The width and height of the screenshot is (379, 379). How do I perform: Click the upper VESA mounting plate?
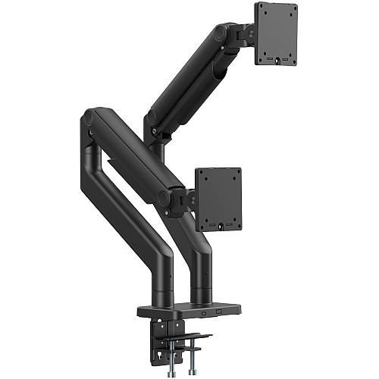click(276, 33)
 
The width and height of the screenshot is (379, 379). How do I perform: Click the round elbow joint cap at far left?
click(88, 117)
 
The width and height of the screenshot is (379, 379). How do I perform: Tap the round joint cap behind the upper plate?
click(221, 33)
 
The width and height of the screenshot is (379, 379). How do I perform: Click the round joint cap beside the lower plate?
click(164, 197)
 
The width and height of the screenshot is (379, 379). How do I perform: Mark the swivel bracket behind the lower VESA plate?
click(186, 199)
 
